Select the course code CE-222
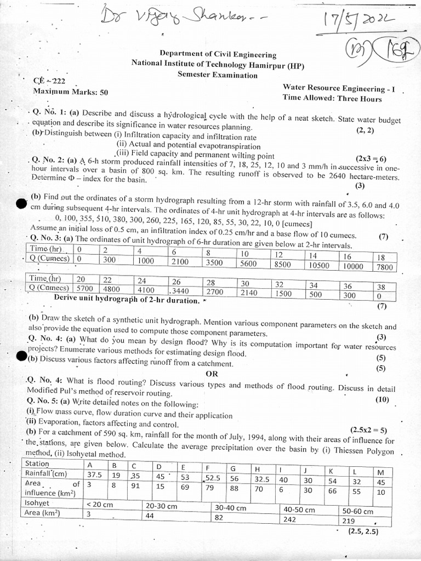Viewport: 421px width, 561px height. [49, 81]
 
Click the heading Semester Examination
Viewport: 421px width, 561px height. [218, 74]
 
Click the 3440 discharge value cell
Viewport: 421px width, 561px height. [181, 291]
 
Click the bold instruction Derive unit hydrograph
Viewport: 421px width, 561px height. [126, 300]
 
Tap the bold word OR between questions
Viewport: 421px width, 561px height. [212, 374]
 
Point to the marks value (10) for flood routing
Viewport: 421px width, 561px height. [382, 399]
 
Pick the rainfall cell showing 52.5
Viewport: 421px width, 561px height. [213, 477]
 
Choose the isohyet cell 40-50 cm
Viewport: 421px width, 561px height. [299, 510]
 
